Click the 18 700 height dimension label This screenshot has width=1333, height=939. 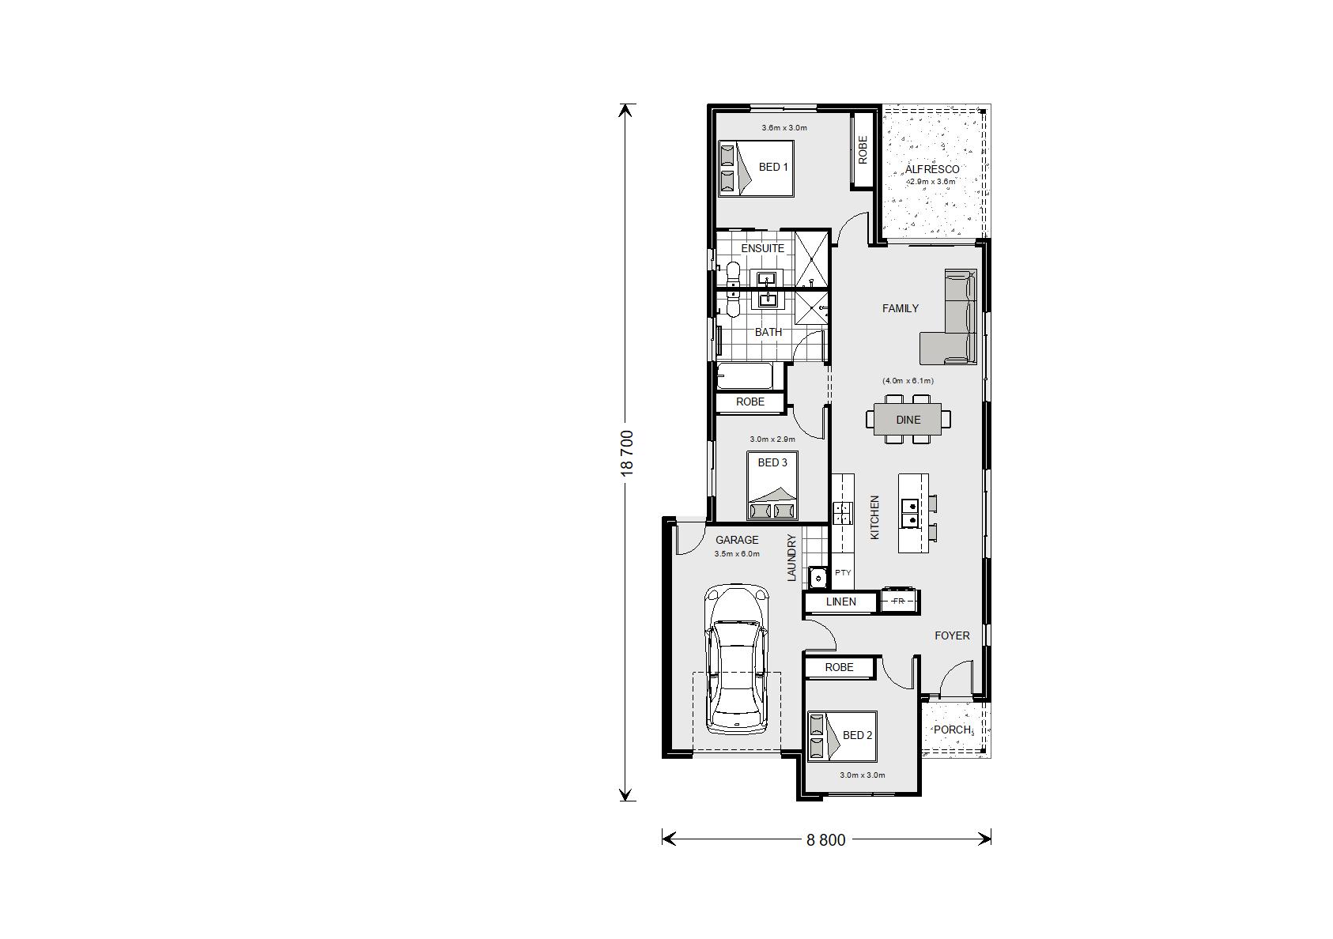point(627,453)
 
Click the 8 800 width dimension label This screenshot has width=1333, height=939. point(826,840)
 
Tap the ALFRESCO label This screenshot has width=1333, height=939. point(932,170)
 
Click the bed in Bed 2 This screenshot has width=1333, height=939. point(842,736)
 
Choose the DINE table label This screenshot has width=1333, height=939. point(908,420)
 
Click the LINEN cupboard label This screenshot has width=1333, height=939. point(841,602)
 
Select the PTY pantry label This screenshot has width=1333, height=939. point(843,572)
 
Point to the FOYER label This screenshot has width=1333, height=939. point(952,635)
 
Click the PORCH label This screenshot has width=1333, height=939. point(952,730)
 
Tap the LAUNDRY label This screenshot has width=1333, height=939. point(791,557)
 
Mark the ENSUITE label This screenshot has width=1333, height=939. point(762,248)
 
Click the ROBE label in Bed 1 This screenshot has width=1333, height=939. point(863,150)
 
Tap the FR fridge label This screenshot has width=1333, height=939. point(898,601)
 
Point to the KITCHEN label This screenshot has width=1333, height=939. point(874,518)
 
